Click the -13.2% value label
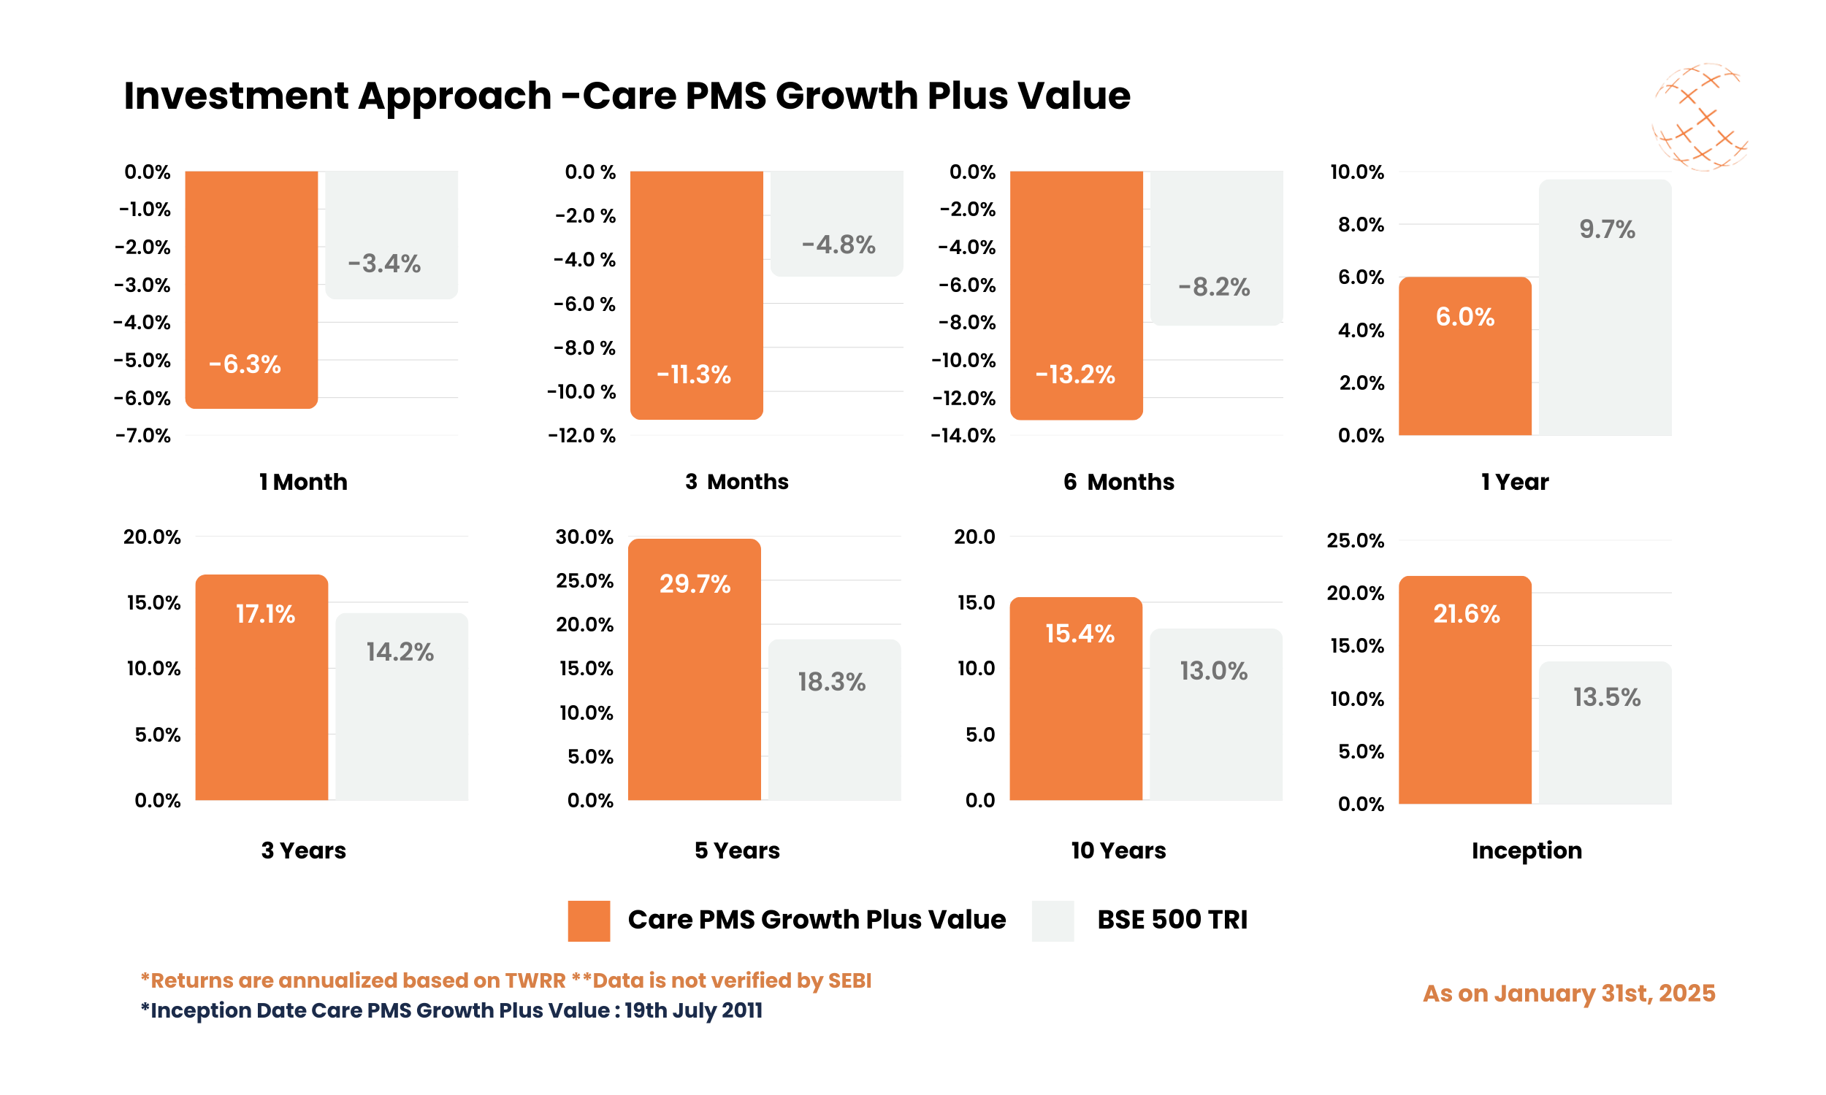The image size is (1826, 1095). (x=1074, y=374)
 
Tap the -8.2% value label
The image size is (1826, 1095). (x=1214, y=287)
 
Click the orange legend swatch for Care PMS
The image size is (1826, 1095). (x=588, y=920)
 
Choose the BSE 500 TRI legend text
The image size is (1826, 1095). (x=1172, y=920)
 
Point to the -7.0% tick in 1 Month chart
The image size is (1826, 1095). (x=143, y=435)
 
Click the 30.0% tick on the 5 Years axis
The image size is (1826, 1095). (x=584, y=537)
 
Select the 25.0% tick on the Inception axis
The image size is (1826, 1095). (x=1355, y=540)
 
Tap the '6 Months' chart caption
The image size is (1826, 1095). (x=1118, y=482)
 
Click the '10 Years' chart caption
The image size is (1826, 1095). (x=1118, y=850)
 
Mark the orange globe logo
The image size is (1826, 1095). (x=1700, y=118)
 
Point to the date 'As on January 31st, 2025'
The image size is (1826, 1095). (x=1568, y=994)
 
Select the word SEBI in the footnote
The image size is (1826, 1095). (x=849, y=980)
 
